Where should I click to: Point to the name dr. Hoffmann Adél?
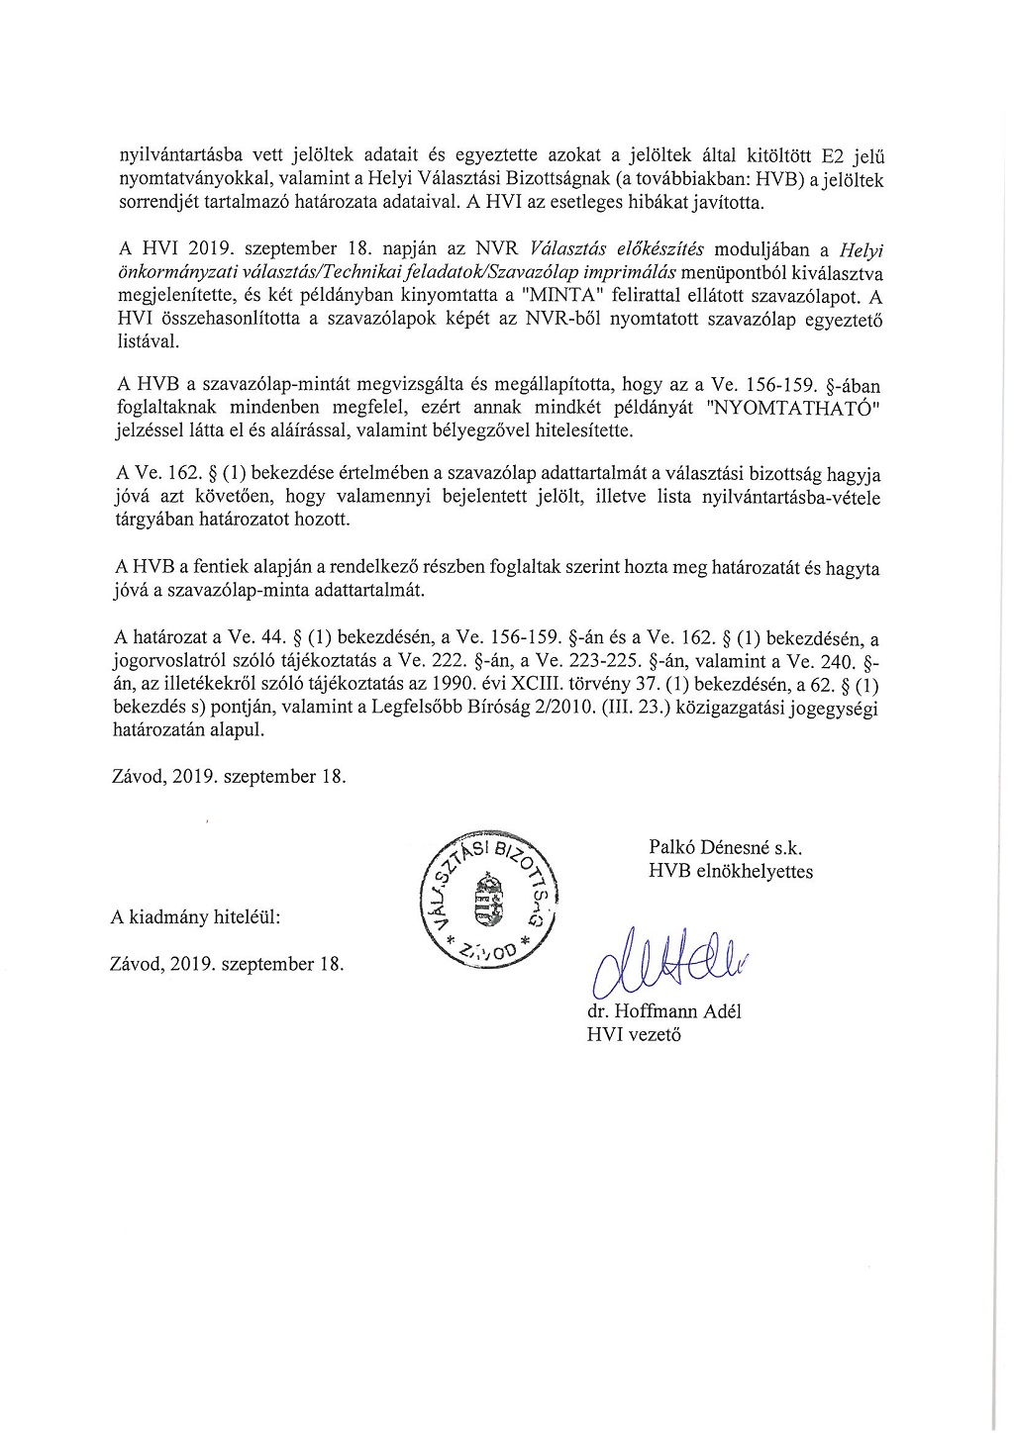tap(663, 1011)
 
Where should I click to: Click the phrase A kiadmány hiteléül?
tap(195, 917)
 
